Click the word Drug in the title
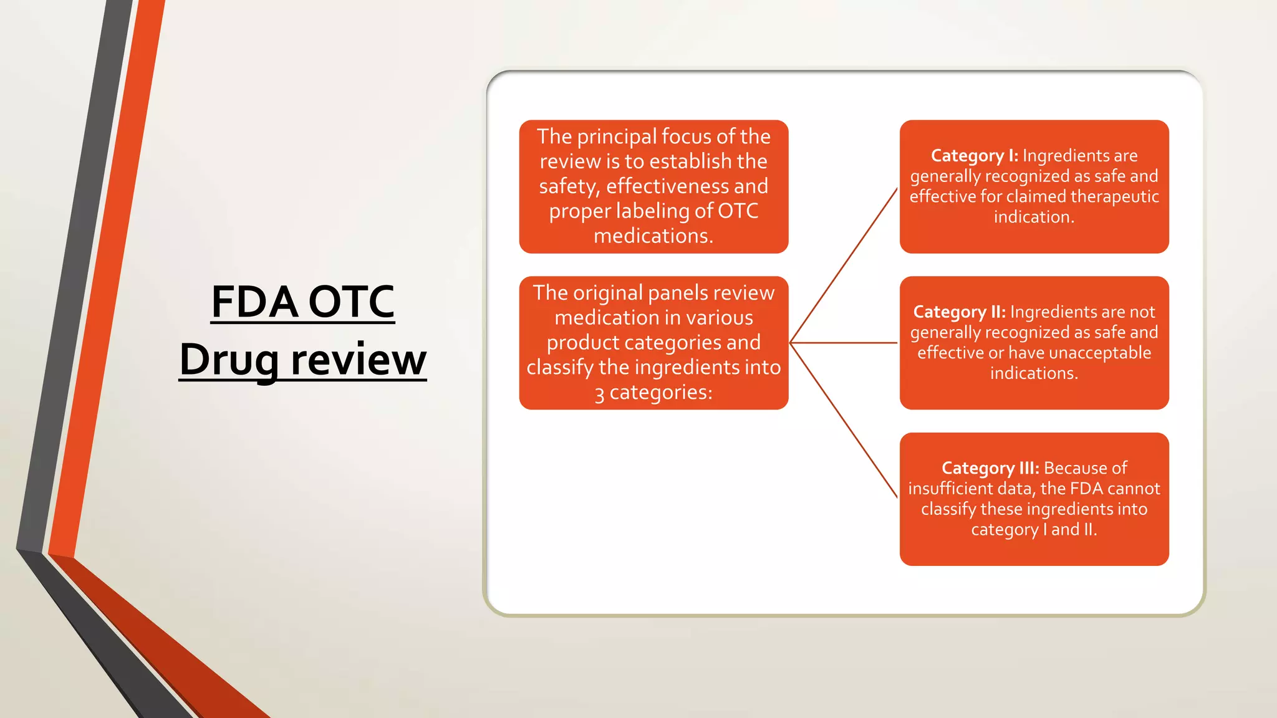click(229, 360)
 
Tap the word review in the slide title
click(359, 360)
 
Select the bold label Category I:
click(974, 155)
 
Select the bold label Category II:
click(959, 312)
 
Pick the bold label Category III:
click(990, 468)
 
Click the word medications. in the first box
click(653, 236)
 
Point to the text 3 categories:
click(653, 393)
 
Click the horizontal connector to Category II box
click(844, 343)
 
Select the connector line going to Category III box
click(844, 420)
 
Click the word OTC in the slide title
click(351, 302)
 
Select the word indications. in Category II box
click(1034, 373)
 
